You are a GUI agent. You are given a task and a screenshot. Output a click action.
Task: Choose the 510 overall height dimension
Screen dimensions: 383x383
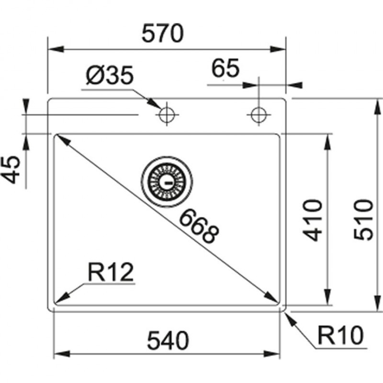click(x=363, y=220)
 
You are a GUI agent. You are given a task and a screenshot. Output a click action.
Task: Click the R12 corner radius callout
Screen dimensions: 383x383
click(x=110, y=274)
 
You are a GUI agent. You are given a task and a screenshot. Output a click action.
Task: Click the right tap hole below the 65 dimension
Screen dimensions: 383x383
click(x=258, y=115)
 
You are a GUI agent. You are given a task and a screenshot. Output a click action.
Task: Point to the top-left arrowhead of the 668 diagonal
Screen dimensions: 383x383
click(x=60, y=138)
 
